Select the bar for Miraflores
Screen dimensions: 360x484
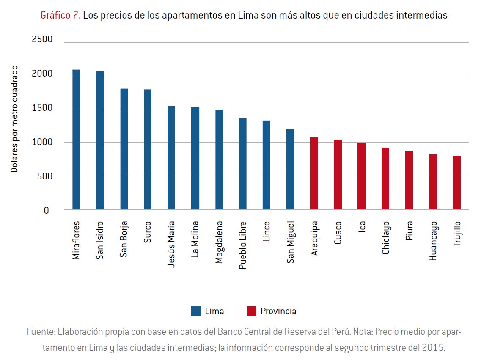tap(76, 140)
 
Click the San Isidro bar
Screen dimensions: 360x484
tap(100, 140)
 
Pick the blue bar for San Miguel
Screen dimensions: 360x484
tap(290, 169)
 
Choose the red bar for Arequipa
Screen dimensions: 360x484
tap(314, 173)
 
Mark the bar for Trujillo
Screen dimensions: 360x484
tap(456, 183)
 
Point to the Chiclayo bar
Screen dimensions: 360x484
tap(385, 179)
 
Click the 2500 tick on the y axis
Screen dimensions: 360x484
tap(42, 40)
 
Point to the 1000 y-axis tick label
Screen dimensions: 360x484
tap(42, 143)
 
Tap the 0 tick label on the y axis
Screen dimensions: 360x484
tap(47, 210)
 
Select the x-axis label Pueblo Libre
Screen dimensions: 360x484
tap(242, 245)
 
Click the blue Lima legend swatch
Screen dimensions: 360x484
tap(196, 311)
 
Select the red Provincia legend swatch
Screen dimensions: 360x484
tap(252, 311)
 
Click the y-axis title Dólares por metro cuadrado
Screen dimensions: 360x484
tap(14, 119)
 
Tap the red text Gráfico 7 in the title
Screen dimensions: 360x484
tap(60, 16)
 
